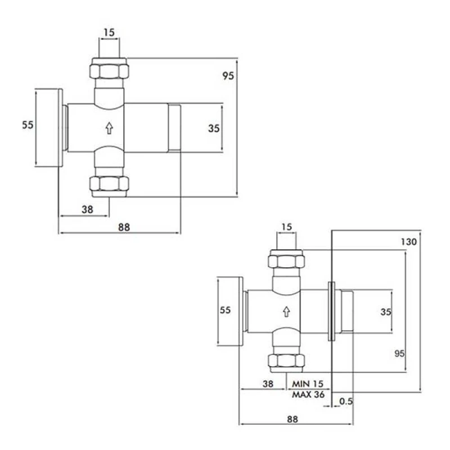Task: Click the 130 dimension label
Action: click(x=409, y=242)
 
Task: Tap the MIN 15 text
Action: click(x=307, y=384)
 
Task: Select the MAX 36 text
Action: click(x=308, y=395)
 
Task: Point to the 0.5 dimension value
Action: click(x=346, y=401)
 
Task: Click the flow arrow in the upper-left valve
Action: click(x=109, y=128)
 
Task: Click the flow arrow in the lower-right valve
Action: click(x=286, y=312)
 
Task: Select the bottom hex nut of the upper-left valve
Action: click(x=109, y=184)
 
